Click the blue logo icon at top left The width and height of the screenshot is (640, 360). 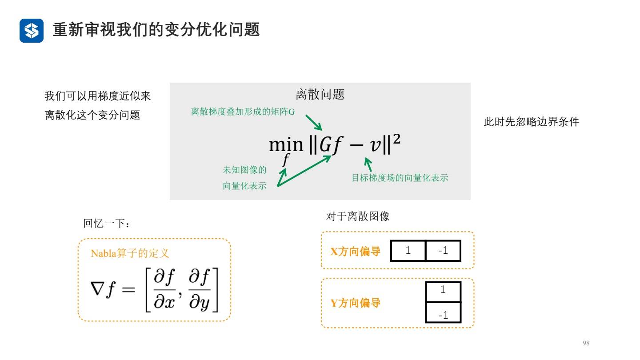[x=32, y=31]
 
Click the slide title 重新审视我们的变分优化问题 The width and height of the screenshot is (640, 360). [x=156, y=30]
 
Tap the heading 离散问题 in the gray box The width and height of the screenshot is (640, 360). [x=320, y=94]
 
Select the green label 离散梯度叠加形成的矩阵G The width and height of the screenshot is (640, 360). [x=243, y=112]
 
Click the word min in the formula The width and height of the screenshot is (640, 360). [x=285, y=144]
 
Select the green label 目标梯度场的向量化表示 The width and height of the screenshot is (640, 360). [x=400, y=178]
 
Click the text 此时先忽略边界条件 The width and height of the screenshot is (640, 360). [x=531, y=122]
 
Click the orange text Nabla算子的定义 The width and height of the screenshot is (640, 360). [x=130, y=254]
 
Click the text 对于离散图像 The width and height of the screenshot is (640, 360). [x=358, y=217]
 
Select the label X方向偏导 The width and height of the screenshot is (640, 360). [x=355, y=252]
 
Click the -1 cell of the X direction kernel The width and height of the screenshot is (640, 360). [x=443, y=251]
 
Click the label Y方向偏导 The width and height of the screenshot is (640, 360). [x=355, y=304]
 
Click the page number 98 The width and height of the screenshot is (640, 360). [x=586, y=343]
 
